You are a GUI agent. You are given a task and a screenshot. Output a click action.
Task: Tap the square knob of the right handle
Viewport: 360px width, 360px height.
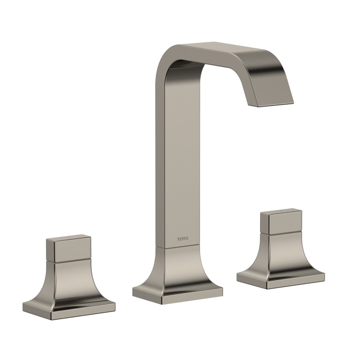click(283, 224)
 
